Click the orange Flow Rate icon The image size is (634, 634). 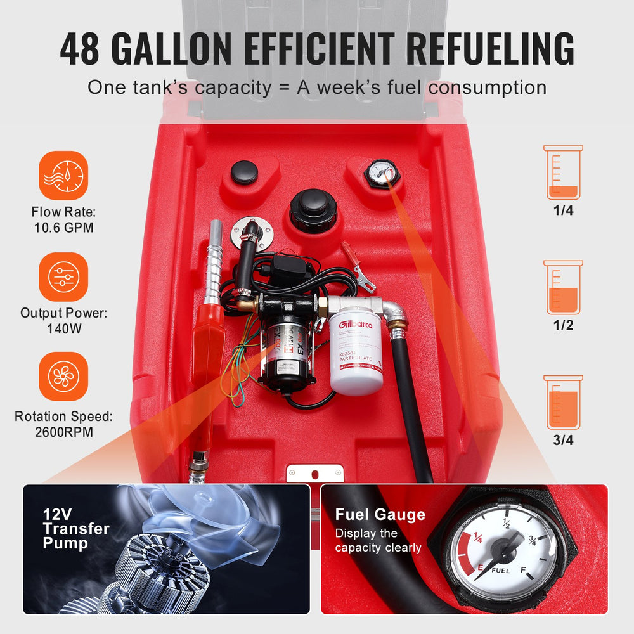63,175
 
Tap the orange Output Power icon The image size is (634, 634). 63,276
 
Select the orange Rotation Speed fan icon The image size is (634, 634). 63,377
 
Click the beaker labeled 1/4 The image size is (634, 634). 563,172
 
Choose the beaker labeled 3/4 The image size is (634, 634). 563,402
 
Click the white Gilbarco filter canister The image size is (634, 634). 356,351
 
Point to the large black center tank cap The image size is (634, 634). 313,209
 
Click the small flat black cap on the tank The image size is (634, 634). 244,172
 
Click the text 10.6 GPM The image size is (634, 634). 64,227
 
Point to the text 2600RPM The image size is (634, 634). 63,432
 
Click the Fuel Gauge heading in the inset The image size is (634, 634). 380,514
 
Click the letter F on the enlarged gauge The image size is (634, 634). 523,569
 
